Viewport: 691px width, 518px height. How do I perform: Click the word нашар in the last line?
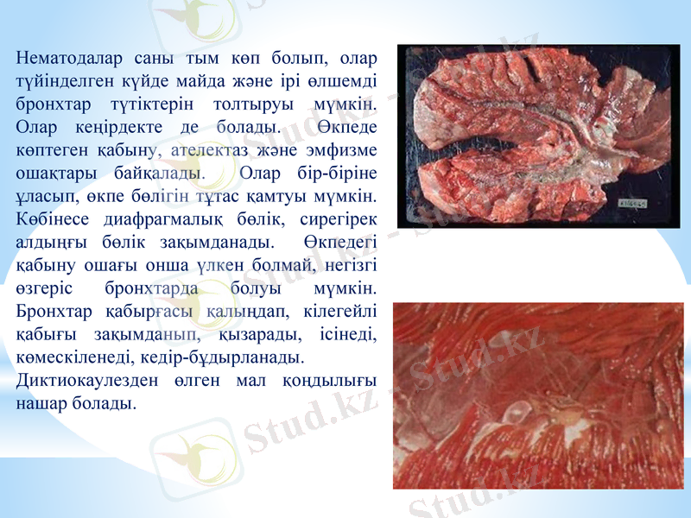[42, 403]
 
